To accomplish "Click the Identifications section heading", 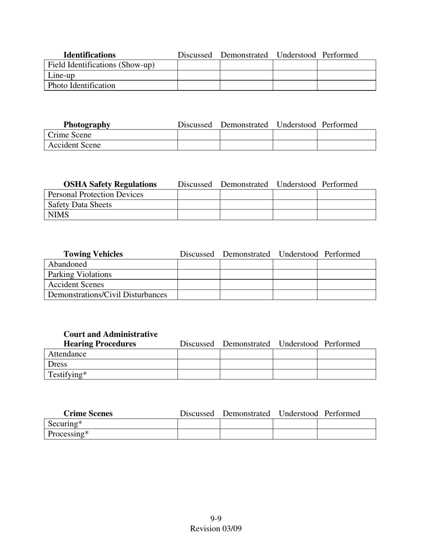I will point(90,55).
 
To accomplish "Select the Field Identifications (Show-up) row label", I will point(101,65).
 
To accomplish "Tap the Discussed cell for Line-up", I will point(198,75).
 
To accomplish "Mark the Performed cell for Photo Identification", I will point(346,85).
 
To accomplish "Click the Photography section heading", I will point(87,125).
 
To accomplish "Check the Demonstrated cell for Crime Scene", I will point(246,135).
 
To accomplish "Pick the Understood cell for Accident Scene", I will point(295,145).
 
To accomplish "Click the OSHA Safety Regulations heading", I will point(110,184).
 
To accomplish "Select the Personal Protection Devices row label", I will point(95,195).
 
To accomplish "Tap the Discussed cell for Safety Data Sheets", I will point(198,205).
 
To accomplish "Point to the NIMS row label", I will point(59,215).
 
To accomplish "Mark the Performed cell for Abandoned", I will point(346,265).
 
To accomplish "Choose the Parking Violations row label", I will point(80,275).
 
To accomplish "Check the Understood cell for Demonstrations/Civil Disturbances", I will point(295,295).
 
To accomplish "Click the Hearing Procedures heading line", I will point(100,344).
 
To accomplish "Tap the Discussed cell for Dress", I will point(198,364).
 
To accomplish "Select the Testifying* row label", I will point(67,374).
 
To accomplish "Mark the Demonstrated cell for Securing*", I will point(246,424).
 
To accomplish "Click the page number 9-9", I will point(216,519).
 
